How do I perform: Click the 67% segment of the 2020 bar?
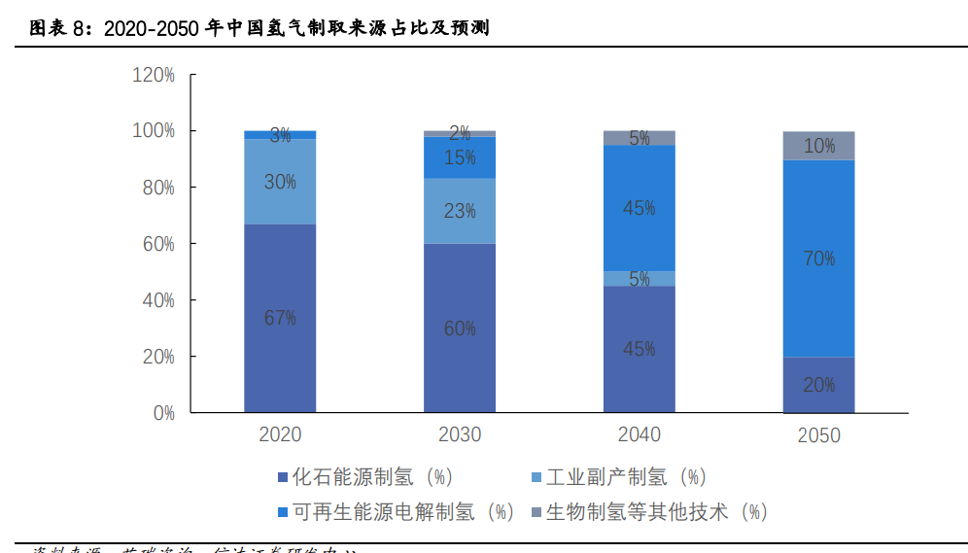[x=280, y=318]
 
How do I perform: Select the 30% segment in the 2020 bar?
[x=280, y=182]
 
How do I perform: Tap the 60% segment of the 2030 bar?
[x=460, y=328]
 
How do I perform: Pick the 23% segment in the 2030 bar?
[x=460, y=210]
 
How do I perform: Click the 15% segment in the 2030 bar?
[x=460, y=157]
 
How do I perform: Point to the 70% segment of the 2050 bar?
[x=818, y=259]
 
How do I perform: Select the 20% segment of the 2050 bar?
[x=818, y=385]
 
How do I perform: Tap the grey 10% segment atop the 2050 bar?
[x=818, y=146]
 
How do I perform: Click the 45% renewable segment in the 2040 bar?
[x=639, y=208]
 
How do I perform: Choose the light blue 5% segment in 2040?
[x=639, y=279]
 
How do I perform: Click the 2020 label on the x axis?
[x=280, y=434]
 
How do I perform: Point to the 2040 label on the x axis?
[x=639, y=434]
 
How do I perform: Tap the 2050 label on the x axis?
[x=818, y=435]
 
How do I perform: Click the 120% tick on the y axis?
[x=154, y=75]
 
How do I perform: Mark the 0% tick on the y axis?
[x=162, y=413]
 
